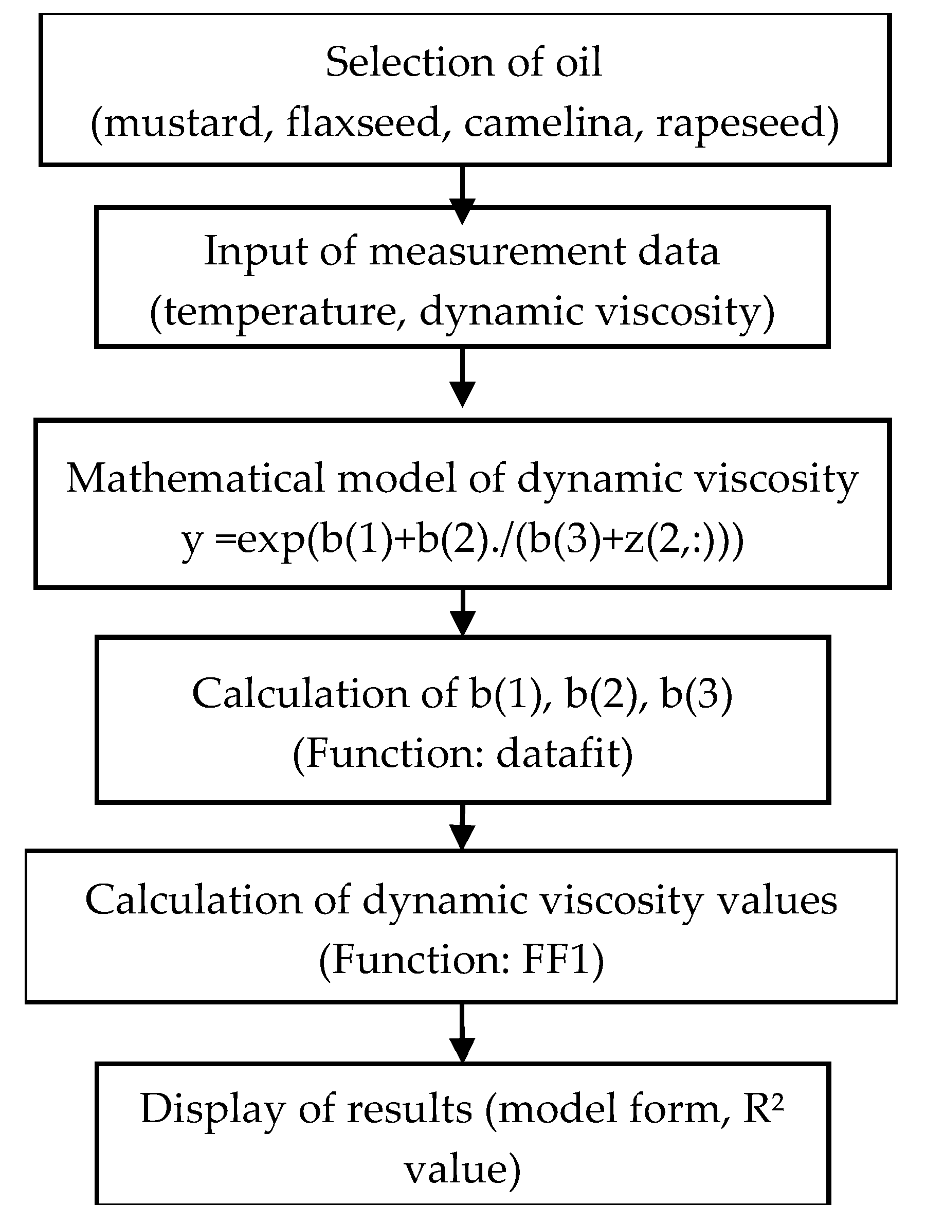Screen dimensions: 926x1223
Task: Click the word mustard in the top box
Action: click(x=183, y=123)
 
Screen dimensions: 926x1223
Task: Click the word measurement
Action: click(x=498, y=251)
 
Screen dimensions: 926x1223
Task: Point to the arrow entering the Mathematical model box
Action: click(x=463, y=382)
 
